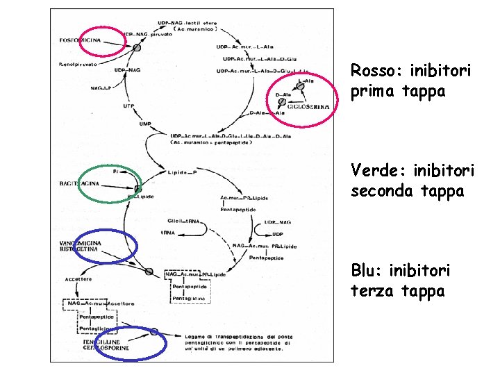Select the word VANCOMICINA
pos(80,242)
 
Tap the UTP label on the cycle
pos(129,106)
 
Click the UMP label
pos(145,124)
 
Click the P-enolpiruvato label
pos(78,64)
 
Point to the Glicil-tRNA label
pos(183,221)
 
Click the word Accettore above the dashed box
pos(78,279)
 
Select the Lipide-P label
pos(183,172)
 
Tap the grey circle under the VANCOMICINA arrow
pos(148,271)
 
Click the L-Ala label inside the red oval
pos(306,81)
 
